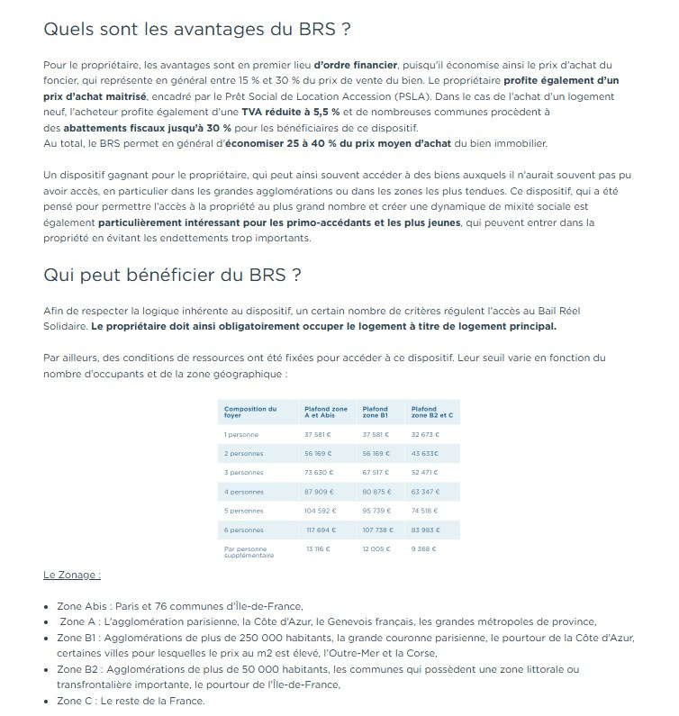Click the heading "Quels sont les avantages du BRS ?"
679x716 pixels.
[196, 29]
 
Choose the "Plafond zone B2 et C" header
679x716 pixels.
[431, 412]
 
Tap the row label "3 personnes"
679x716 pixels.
[243, 472]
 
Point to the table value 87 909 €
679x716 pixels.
[320, 491]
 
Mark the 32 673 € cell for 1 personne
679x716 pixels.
[425, 434]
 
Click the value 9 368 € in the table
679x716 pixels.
[423, 548]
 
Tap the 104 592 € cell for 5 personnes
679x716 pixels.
[320, 510]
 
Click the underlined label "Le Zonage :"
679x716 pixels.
[71, 574]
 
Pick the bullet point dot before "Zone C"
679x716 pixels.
[47, 701]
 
